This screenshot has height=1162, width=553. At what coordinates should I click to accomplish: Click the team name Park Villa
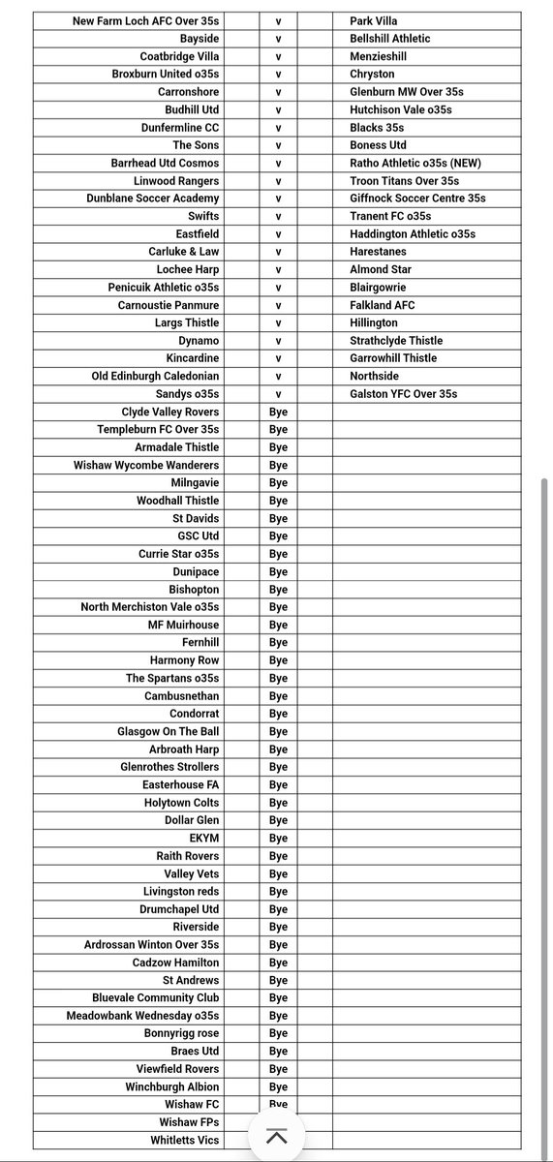point(374,20)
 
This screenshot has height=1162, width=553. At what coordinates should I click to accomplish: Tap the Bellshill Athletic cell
point(390,39)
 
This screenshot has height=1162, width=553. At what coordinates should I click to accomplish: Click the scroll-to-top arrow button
point(276,1136)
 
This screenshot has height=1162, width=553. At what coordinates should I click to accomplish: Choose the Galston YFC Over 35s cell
point(404,394)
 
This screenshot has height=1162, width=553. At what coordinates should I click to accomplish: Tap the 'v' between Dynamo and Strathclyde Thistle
point(278,341)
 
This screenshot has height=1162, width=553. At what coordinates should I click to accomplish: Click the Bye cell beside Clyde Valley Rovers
point(278,412)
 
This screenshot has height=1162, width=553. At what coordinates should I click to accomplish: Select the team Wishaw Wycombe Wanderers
point(146,465)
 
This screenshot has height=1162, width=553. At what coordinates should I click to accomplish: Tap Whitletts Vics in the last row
point(185,1140)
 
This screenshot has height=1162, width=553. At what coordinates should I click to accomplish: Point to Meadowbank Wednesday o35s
point(142,1016)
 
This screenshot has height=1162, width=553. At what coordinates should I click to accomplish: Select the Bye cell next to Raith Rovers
point(278,856)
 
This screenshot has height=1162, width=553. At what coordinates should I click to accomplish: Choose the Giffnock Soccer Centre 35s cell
point(418,199)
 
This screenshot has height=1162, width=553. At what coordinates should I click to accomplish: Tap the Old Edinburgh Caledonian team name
point(156,376)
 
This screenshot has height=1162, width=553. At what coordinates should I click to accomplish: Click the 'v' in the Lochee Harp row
point(278,269)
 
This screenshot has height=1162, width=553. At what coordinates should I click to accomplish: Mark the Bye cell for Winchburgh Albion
point(278,1086)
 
